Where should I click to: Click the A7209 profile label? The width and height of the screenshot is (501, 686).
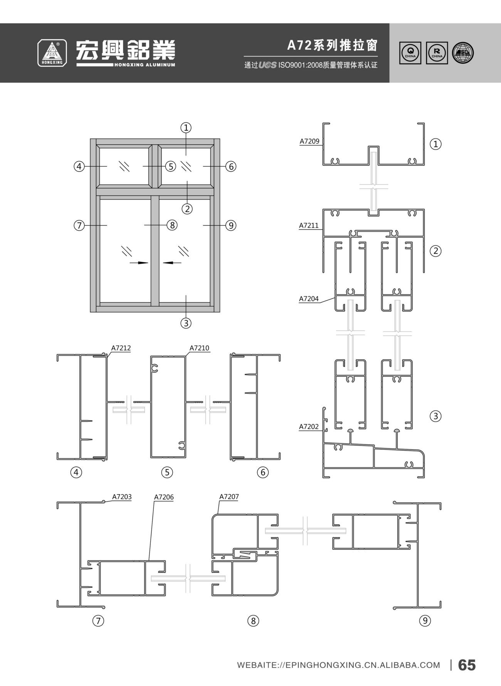[309, 141]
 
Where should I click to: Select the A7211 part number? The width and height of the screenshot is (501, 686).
[309, 225]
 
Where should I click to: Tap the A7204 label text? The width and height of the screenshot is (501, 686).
[309, 298]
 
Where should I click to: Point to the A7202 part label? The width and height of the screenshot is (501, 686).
[309, 426]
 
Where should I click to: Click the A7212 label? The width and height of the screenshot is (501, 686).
[121, 348]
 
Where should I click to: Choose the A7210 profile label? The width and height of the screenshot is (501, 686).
[199, 348]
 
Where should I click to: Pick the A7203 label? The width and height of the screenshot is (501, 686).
[122, 497]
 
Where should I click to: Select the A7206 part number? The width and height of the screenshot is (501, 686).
[164, 497]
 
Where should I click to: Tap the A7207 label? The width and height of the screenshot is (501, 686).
[229, 497]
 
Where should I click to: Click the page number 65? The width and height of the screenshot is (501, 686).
[467, 665]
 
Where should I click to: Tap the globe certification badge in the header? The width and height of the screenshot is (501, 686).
[463, 53]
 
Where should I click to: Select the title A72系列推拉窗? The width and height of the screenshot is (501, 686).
[332, 46]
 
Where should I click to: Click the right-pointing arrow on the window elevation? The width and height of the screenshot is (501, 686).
[139, 263]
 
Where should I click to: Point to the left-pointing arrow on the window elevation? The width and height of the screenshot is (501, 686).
[172, 263]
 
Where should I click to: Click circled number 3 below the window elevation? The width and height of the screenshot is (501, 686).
[186, 323]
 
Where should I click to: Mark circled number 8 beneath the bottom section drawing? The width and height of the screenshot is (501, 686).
[253, 620]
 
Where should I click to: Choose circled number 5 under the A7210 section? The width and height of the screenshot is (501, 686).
[167, 472]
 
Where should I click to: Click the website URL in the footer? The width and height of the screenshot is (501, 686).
[338, 665]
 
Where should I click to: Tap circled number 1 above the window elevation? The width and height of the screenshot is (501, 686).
[186, 127]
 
